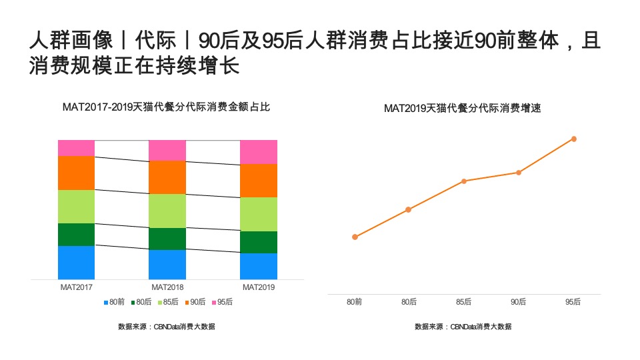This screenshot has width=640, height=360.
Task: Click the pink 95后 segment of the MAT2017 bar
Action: click(x=76, y=148)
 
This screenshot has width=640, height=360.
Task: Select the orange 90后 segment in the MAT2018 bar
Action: click(x=167, y=177)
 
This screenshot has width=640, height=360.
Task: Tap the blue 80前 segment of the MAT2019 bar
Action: click(x=258, y=266)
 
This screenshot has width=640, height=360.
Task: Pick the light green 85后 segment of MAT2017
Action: click(x=76, y=207)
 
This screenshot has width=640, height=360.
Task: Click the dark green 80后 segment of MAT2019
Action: click(x=258, y=242)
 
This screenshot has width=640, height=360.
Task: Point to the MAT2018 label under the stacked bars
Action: click(x=167, y=287)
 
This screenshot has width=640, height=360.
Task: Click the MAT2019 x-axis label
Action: click(x=258, y=287)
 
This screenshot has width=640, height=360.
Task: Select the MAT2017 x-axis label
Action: click(x=76, y=287)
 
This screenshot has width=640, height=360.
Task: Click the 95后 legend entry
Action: click(x=223, y=302)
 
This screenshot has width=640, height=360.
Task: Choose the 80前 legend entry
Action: click(x=115, y=302)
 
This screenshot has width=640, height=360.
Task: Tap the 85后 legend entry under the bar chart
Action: click(x=169, y=302)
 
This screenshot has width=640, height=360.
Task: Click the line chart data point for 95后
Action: click(x=573, y=139)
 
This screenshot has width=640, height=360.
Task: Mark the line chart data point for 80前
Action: click(x=355, y=237)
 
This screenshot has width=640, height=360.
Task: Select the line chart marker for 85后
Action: click(x=464, y=181)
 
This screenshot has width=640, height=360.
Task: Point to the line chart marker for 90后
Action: click(x=519, y=173)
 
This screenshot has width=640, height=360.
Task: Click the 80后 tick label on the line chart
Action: click(x=409, y=302)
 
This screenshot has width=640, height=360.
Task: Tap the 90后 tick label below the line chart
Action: click(x=519, y=302)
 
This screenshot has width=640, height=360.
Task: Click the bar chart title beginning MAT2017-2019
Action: click(x=166, y=107)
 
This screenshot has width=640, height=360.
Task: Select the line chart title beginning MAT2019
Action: click(x=462, y=108)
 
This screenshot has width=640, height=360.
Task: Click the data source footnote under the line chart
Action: click(x=463, y=327)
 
